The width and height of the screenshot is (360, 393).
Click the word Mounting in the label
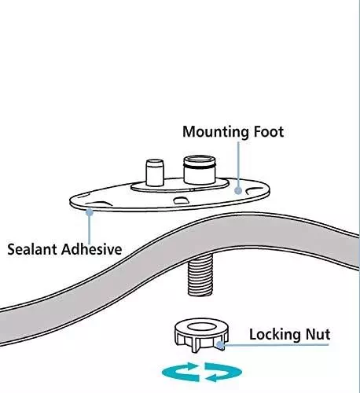[215, 132]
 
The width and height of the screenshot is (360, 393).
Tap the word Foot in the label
[269, 131]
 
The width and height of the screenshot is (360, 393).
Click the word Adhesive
[91, 249]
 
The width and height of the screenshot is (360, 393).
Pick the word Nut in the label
[318, 335]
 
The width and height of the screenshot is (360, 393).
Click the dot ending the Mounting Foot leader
[238, 190]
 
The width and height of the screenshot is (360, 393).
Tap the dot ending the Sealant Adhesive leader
[90, 212]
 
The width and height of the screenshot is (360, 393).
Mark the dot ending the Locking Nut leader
[221, 346]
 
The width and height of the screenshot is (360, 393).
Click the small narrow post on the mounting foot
[155, 172]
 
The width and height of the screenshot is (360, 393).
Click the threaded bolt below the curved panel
[200, 276]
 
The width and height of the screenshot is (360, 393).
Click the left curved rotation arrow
[181, 371]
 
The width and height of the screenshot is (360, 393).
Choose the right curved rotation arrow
[223, 372]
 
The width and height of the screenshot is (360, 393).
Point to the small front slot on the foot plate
[182, 200]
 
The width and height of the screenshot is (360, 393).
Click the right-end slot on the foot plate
[255, 191]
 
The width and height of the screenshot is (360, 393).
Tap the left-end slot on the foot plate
[99, 204]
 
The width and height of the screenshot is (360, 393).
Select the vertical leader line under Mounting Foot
[238, 164]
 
